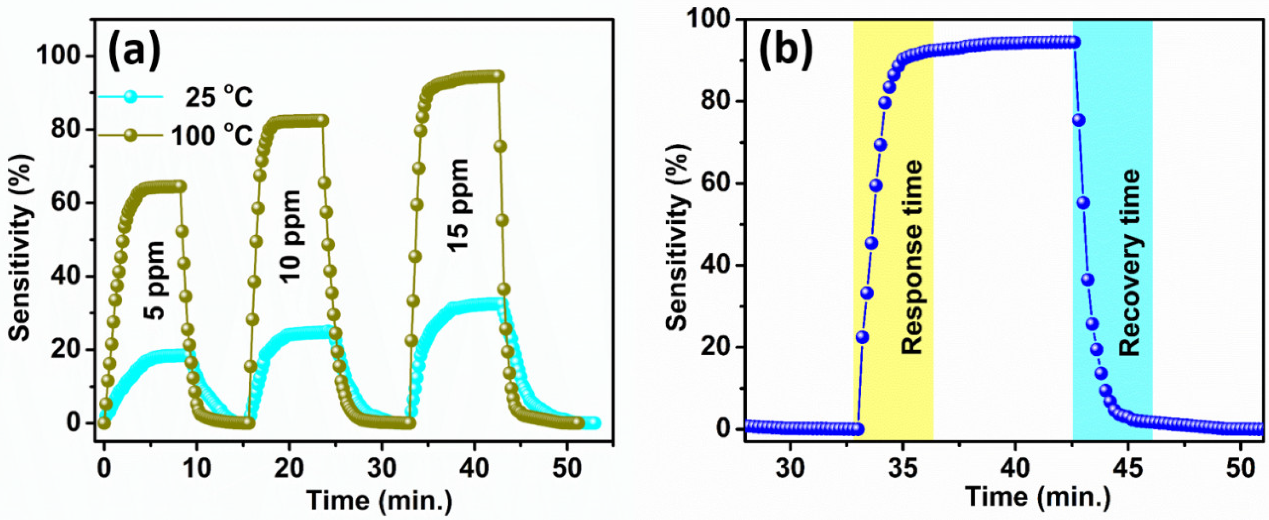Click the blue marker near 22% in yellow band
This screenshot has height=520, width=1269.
[862, 337]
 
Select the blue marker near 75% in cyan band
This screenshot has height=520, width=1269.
[1078, 120]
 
